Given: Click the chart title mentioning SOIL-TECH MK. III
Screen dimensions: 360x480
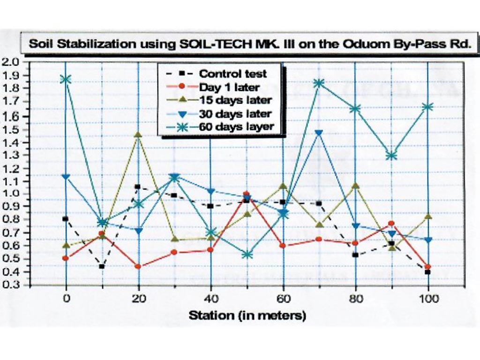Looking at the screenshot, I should click(248, 45).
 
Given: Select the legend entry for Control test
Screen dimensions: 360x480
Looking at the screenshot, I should click(232, 74).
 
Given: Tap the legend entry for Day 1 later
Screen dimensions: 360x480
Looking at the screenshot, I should click(229, 87).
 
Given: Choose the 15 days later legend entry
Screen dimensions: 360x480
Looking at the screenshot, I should click(235, 100).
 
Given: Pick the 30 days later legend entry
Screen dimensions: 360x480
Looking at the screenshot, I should click(235, 113).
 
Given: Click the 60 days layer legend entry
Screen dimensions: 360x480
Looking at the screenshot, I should click(236, 127).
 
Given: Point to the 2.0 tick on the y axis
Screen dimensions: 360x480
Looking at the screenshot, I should click(11, 62).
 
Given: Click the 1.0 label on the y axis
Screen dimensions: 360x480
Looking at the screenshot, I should click(11, 194).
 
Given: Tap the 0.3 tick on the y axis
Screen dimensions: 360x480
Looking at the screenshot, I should click(11, 285).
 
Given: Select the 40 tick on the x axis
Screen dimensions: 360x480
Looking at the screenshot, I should click(210, 299).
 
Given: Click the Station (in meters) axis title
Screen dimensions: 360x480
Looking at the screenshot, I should click(247, 315).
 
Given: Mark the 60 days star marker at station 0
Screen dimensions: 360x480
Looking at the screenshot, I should click(66, 79).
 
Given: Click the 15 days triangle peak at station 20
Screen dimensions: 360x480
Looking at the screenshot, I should click(138, 135).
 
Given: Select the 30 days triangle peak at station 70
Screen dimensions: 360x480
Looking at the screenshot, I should click(319, 133).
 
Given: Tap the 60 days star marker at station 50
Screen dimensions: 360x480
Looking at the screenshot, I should click(247, 255).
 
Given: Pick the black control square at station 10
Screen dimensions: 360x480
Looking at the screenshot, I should click(102, 267).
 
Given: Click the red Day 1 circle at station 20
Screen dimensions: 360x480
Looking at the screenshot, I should click(138, 267).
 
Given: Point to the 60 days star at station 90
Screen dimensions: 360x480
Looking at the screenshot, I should click(391, 156).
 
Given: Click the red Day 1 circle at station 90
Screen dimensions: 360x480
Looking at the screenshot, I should click(391, 224).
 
